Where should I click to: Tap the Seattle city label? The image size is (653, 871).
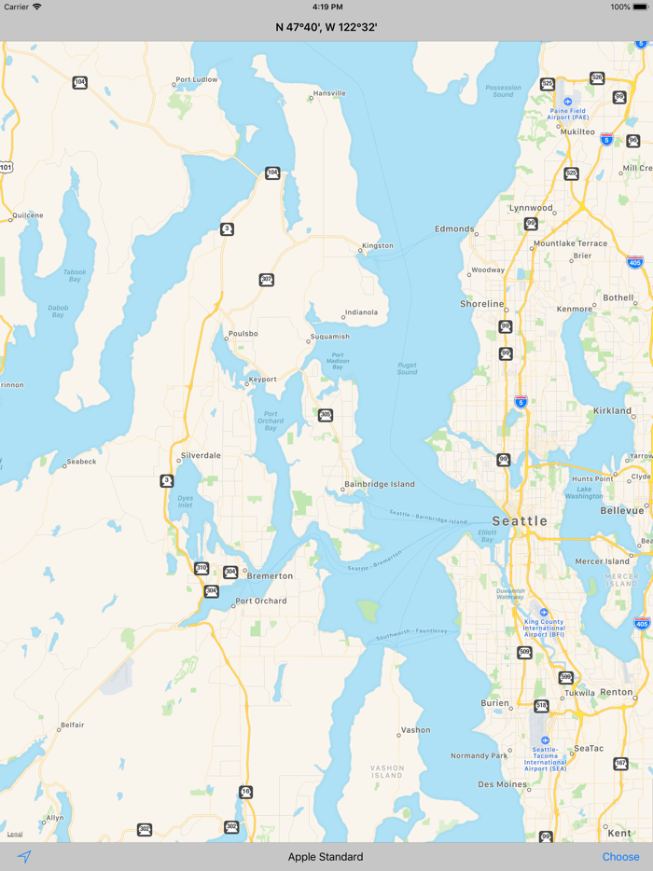tap(520, 520)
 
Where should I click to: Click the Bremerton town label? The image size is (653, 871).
tap(270, 576)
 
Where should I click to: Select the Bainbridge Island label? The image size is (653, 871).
tap(380, 484)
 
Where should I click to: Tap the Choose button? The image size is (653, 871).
tap(620, 857)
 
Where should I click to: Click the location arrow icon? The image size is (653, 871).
tap(24, 857)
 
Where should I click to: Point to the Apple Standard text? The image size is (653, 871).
tap(326, 857)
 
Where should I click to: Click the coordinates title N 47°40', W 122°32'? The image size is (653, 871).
tap(326, 27)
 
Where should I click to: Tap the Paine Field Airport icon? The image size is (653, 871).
tap(568, 102)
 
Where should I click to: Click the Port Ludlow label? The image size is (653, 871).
tap(197, 80)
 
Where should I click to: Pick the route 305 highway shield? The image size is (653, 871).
tap(325, 415)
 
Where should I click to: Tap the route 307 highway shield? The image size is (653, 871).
tap(267, 280)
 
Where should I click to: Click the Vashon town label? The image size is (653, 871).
tap(416, 730)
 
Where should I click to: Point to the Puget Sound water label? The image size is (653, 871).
tap(407, 368)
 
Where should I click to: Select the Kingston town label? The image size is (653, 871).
tap(378, 246)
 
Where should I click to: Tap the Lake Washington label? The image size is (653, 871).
tap(584, 492)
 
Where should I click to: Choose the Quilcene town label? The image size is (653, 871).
tap(28, 215)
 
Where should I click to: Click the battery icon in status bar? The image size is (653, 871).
tap(642, 7)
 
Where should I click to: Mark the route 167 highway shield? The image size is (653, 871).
tap(620, 764)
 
